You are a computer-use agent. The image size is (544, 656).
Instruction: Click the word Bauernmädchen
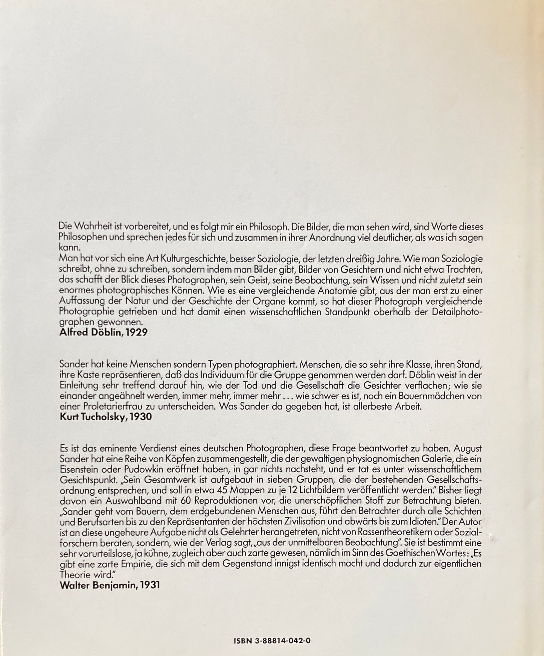(x=441, y=396)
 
